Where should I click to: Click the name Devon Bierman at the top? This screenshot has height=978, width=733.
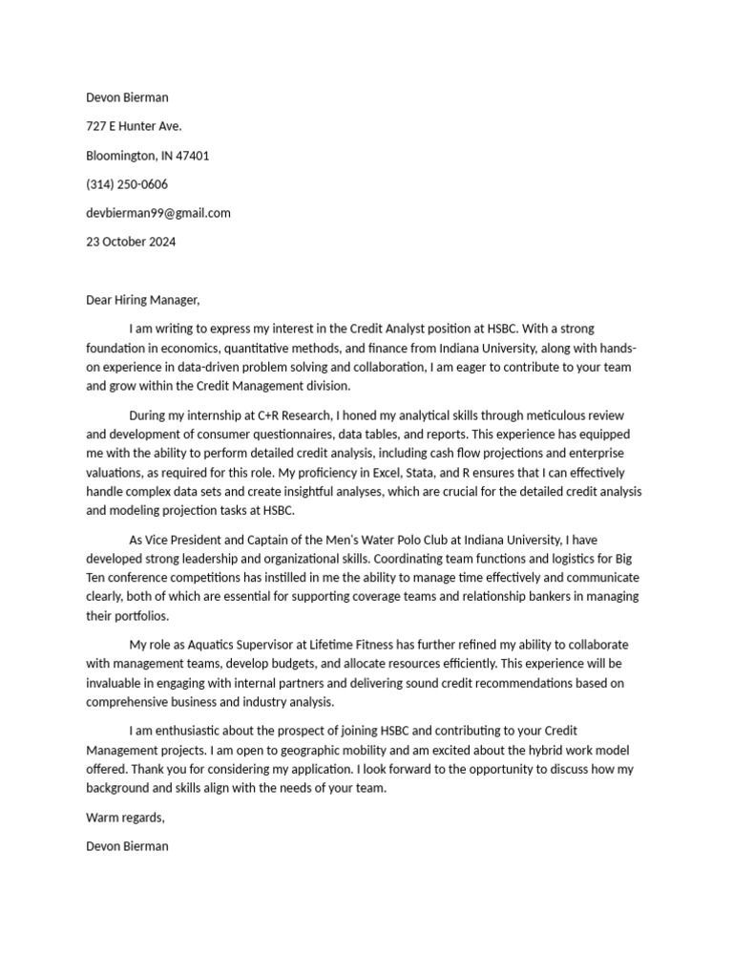[x=127, y=97]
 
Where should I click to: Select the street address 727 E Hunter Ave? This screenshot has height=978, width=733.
[x=134, y=126]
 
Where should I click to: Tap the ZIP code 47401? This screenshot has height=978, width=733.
[x=191, y=155]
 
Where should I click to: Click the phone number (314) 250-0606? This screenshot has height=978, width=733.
[x=127, y=184]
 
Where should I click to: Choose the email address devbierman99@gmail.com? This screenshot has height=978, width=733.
[x=158, y=213]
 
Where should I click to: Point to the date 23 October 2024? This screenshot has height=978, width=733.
[x=131, y=242]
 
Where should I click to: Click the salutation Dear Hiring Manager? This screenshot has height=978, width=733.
[x=143, y=300]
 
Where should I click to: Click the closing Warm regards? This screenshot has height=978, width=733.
[x=125, y=818]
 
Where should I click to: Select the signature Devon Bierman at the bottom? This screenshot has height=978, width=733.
[x=127, y=846]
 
